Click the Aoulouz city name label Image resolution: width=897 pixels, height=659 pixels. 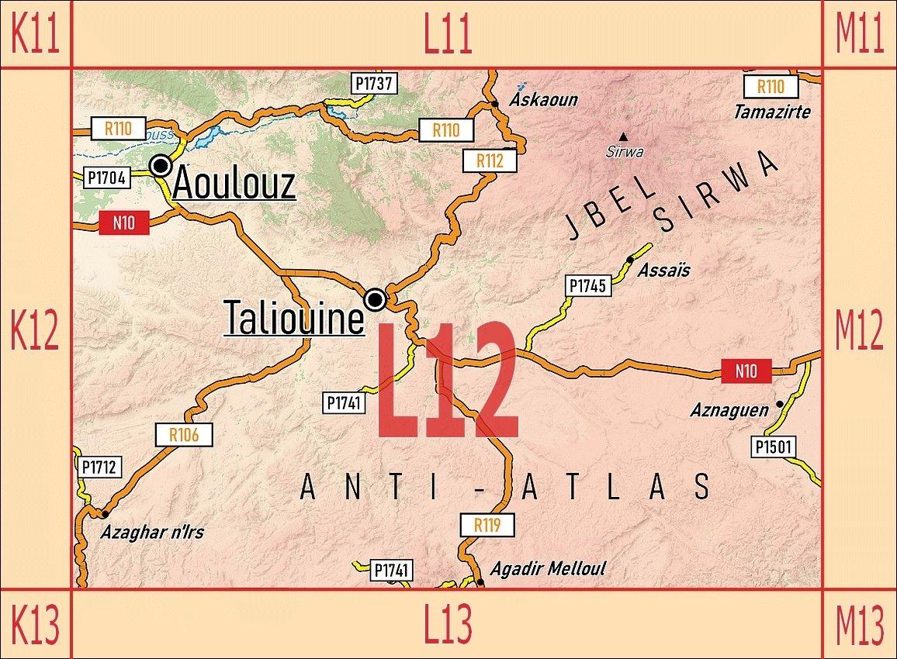pos(234,185)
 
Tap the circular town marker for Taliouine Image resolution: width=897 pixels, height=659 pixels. pos(376,299)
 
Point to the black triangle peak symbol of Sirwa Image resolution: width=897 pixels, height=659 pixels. pos(623,136)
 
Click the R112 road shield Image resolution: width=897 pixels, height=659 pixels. pos(490,160)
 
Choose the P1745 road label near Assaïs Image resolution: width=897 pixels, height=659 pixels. pos(587,285)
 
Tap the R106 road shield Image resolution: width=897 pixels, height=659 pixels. pos(184,435)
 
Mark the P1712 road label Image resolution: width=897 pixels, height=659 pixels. pos(99,467)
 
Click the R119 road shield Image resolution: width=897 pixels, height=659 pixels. pos(487,526)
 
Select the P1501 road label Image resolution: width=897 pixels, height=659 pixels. pos(774,447)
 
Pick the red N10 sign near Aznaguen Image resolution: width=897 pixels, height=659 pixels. pos(746,371)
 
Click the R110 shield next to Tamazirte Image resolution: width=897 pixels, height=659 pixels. pos(770,86)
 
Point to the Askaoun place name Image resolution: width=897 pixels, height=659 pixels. pos(544,100)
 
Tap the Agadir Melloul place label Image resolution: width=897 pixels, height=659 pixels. pos(548,569)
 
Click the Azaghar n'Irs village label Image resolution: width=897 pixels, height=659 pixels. pos(152,533)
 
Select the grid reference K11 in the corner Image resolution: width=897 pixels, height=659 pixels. pos(35,34)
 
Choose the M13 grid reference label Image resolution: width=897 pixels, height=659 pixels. pos(859,624)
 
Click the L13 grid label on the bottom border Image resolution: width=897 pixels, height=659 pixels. pos(448,624)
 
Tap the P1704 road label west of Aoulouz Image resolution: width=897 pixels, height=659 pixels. pos(106,178)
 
